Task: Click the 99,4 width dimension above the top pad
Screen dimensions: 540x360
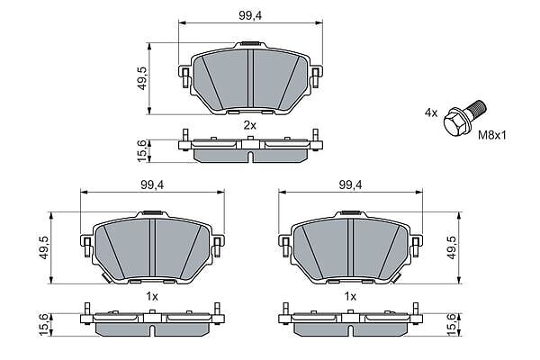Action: point(250,15)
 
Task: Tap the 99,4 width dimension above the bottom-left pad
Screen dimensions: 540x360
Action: point(152,185)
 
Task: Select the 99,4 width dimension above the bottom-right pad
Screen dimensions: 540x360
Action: point(351,185)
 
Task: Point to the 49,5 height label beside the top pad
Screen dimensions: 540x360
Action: point(142,78)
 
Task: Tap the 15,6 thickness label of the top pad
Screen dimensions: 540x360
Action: point(142,151)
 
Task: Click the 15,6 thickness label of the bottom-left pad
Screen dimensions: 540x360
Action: point(44,325)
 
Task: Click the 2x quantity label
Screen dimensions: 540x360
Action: point(250,126)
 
